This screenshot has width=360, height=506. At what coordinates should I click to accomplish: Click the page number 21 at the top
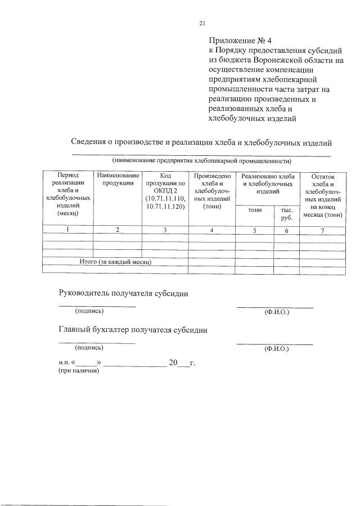(202, 23)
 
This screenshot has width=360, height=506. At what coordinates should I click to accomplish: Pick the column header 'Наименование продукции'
(118, 180)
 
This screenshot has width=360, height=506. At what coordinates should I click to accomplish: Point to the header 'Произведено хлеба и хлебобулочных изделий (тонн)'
(212, 191)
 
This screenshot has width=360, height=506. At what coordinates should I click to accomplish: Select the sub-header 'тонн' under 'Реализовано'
(255, 210)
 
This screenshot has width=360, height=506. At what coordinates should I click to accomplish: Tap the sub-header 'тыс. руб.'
(287, 213)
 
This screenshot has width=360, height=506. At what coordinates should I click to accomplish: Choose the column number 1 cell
(67, 230)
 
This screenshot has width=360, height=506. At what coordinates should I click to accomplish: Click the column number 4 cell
(212, 230)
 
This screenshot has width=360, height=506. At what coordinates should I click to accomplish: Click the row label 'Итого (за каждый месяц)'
(115, 262)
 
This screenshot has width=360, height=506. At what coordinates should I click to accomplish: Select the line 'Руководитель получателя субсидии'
(124, 293)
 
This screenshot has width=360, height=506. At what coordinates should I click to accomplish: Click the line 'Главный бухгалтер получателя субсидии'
(133, 330)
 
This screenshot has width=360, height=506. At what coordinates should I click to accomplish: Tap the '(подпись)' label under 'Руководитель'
(89, 311)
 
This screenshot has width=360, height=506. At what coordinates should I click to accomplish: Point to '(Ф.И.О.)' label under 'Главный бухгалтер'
(276, 348)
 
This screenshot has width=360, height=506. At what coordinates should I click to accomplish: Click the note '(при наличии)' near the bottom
(79, 371)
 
